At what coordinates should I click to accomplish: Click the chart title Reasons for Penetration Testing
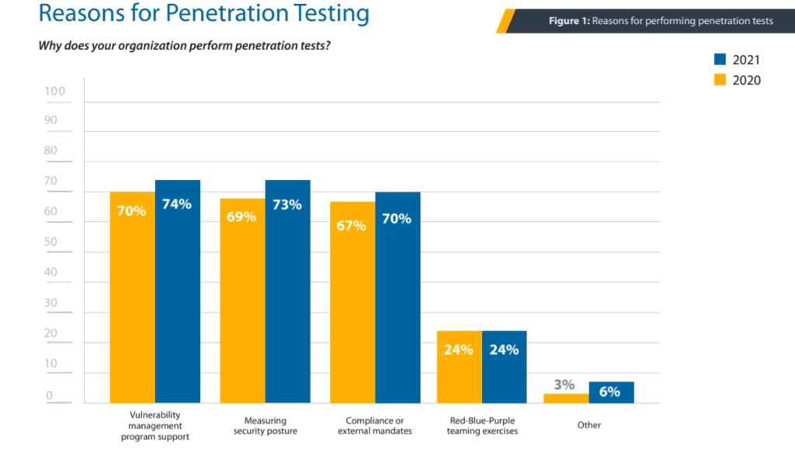point(203,13)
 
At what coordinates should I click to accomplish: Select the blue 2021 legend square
point(720,60)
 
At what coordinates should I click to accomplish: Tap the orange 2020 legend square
point(720,80)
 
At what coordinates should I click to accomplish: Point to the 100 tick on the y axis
point(55,91)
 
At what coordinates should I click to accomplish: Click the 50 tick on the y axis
point(50,242)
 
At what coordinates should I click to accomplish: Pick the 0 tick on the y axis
point(48,396)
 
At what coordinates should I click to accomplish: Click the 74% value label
point(177,205)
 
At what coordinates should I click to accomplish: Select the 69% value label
point(241,217)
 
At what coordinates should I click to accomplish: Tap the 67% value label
point(352,226)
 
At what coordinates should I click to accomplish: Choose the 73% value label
point(287,205)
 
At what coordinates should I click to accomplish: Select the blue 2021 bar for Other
point(611,393)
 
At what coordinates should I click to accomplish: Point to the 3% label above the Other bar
point(564,385)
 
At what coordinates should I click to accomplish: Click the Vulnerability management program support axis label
point(155,425)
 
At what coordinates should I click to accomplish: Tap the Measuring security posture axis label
point(265,425)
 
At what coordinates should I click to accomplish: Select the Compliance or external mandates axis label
point(375,425)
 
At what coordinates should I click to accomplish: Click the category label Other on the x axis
point(588,425)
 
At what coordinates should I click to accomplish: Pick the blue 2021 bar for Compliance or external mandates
point(397,297)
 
